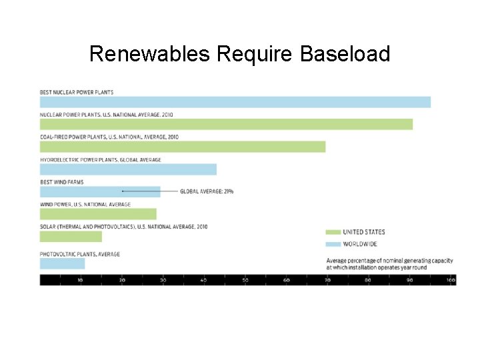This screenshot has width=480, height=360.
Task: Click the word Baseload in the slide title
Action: (345, 54)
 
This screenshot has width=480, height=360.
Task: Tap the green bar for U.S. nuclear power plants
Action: (226, 124)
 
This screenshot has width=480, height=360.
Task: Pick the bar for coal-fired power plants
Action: (183, 147)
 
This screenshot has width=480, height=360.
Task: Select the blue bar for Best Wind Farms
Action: (100, 191)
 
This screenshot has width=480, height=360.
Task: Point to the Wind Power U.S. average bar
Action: (98, 214)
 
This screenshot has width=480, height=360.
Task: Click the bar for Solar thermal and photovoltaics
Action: (71, 237)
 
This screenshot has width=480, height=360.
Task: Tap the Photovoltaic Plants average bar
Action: (62, 263)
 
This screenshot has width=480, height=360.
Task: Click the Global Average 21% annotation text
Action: (207, 191)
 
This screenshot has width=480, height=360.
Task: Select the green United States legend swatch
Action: (333, 232)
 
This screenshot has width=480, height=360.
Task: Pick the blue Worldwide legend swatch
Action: (333, 244)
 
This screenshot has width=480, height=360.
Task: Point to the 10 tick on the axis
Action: (81, 280)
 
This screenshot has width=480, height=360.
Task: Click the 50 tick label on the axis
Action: (245, 280)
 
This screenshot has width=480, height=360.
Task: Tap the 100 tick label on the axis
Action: (451, 280)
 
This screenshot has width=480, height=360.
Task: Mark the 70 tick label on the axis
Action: (327, 280)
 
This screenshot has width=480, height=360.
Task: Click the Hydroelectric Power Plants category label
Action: (100, 160)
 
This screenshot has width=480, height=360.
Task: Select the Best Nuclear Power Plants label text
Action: (77, 92)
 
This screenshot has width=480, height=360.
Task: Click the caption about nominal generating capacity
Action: (376, 263)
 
